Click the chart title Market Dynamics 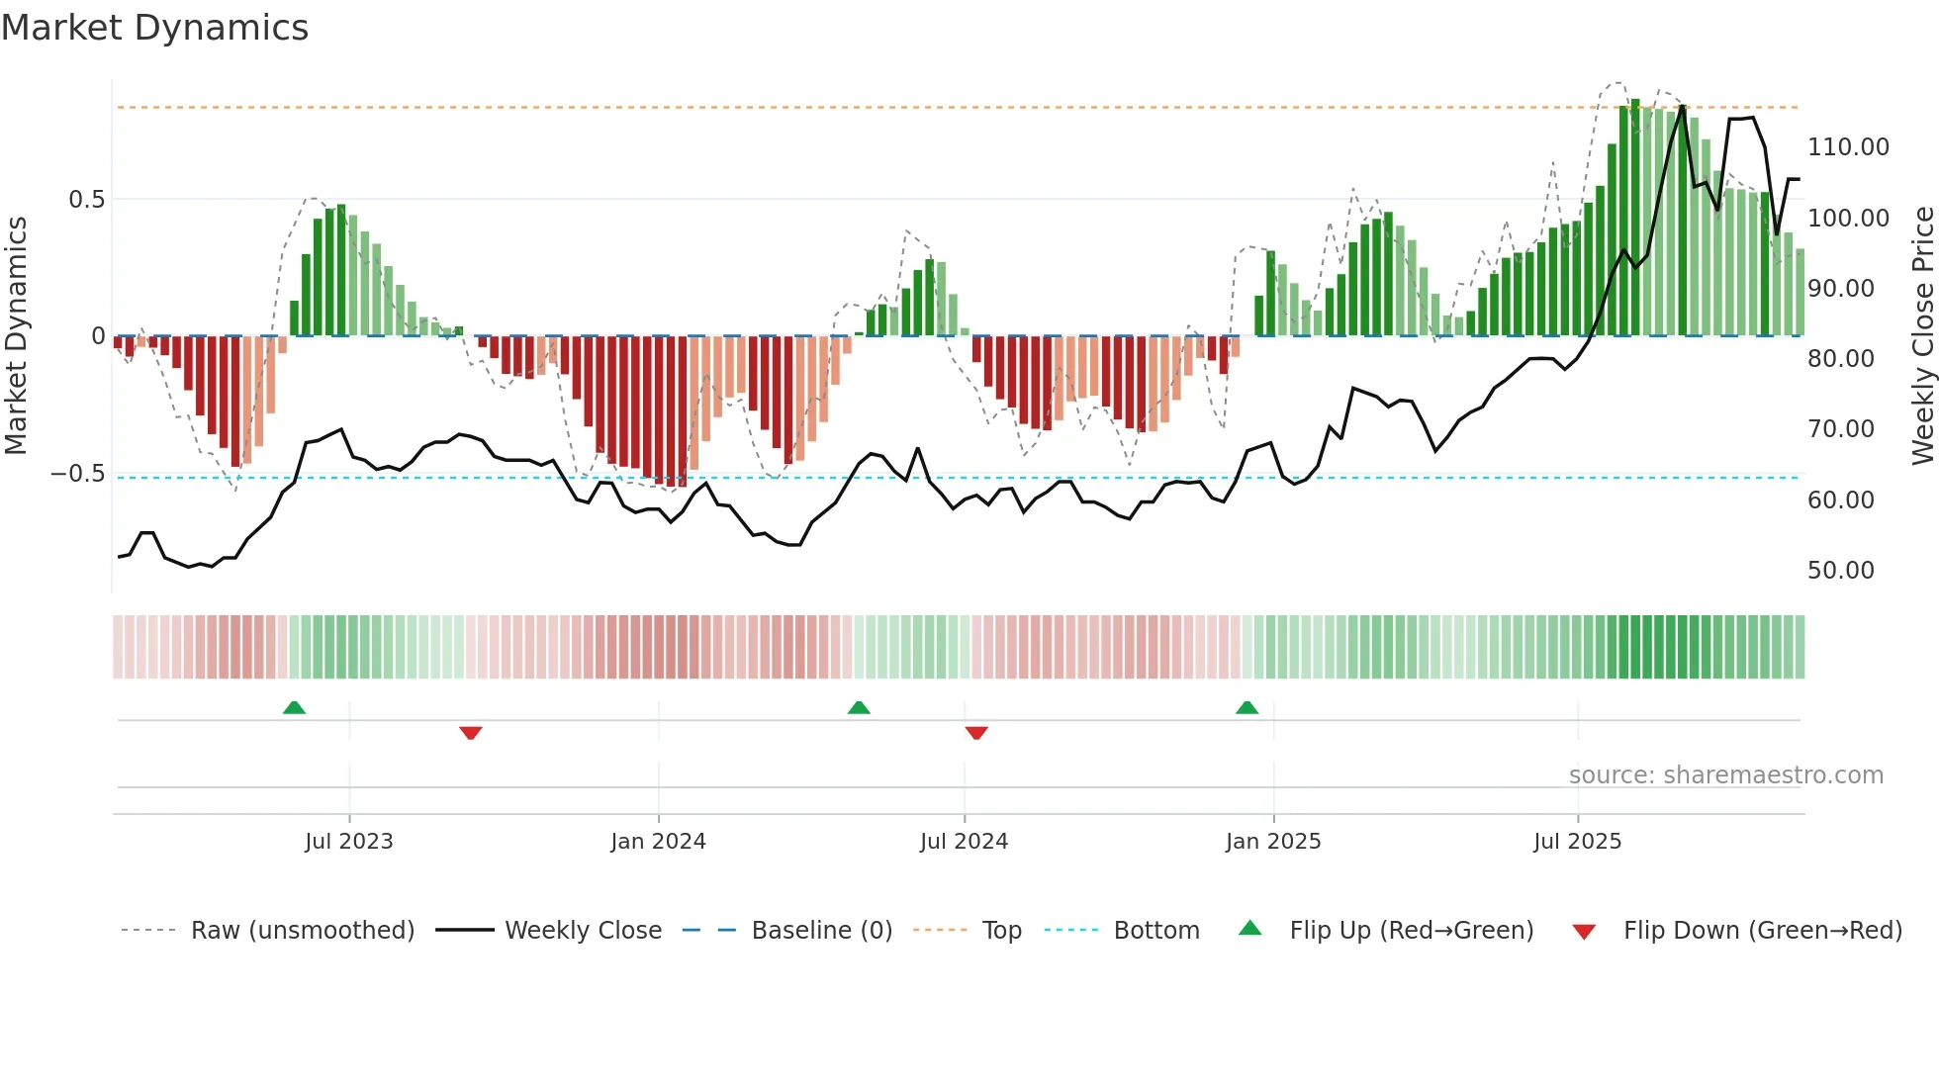154,28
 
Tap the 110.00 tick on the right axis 1847,147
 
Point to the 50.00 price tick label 1840,571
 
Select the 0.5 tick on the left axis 86,200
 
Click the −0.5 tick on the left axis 78,474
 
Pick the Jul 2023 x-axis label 348,842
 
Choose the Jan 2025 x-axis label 1272,842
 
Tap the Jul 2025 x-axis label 1577,842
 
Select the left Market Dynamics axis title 16,336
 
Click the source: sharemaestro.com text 1725,775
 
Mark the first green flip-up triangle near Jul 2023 294,707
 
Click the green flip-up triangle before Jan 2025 1246,707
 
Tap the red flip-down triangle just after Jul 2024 976,733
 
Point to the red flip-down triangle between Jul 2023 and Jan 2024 471,733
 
